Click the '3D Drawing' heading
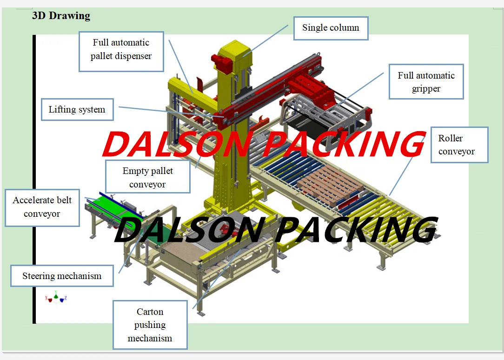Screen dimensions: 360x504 [x=61, y=16]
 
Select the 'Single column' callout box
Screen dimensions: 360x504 [x=331, y=28]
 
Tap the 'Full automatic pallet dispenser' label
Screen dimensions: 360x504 [x=121, y=49]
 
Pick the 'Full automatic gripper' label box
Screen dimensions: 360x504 [x=426, y=82]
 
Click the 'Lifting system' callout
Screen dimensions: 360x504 [x=77, y=110]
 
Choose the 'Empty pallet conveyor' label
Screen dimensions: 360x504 [x=147, y=177]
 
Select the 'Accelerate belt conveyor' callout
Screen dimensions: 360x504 [x=42, y=207]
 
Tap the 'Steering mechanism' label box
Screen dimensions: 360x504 [x=62, y=276]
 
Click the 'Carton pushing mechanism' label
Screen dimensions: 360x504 [x=150, y=325]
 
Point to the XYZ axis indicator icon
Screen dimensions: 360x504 [x=56, y=297]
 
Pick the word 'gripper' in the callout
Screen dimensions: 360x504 [x=426, y=88]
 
